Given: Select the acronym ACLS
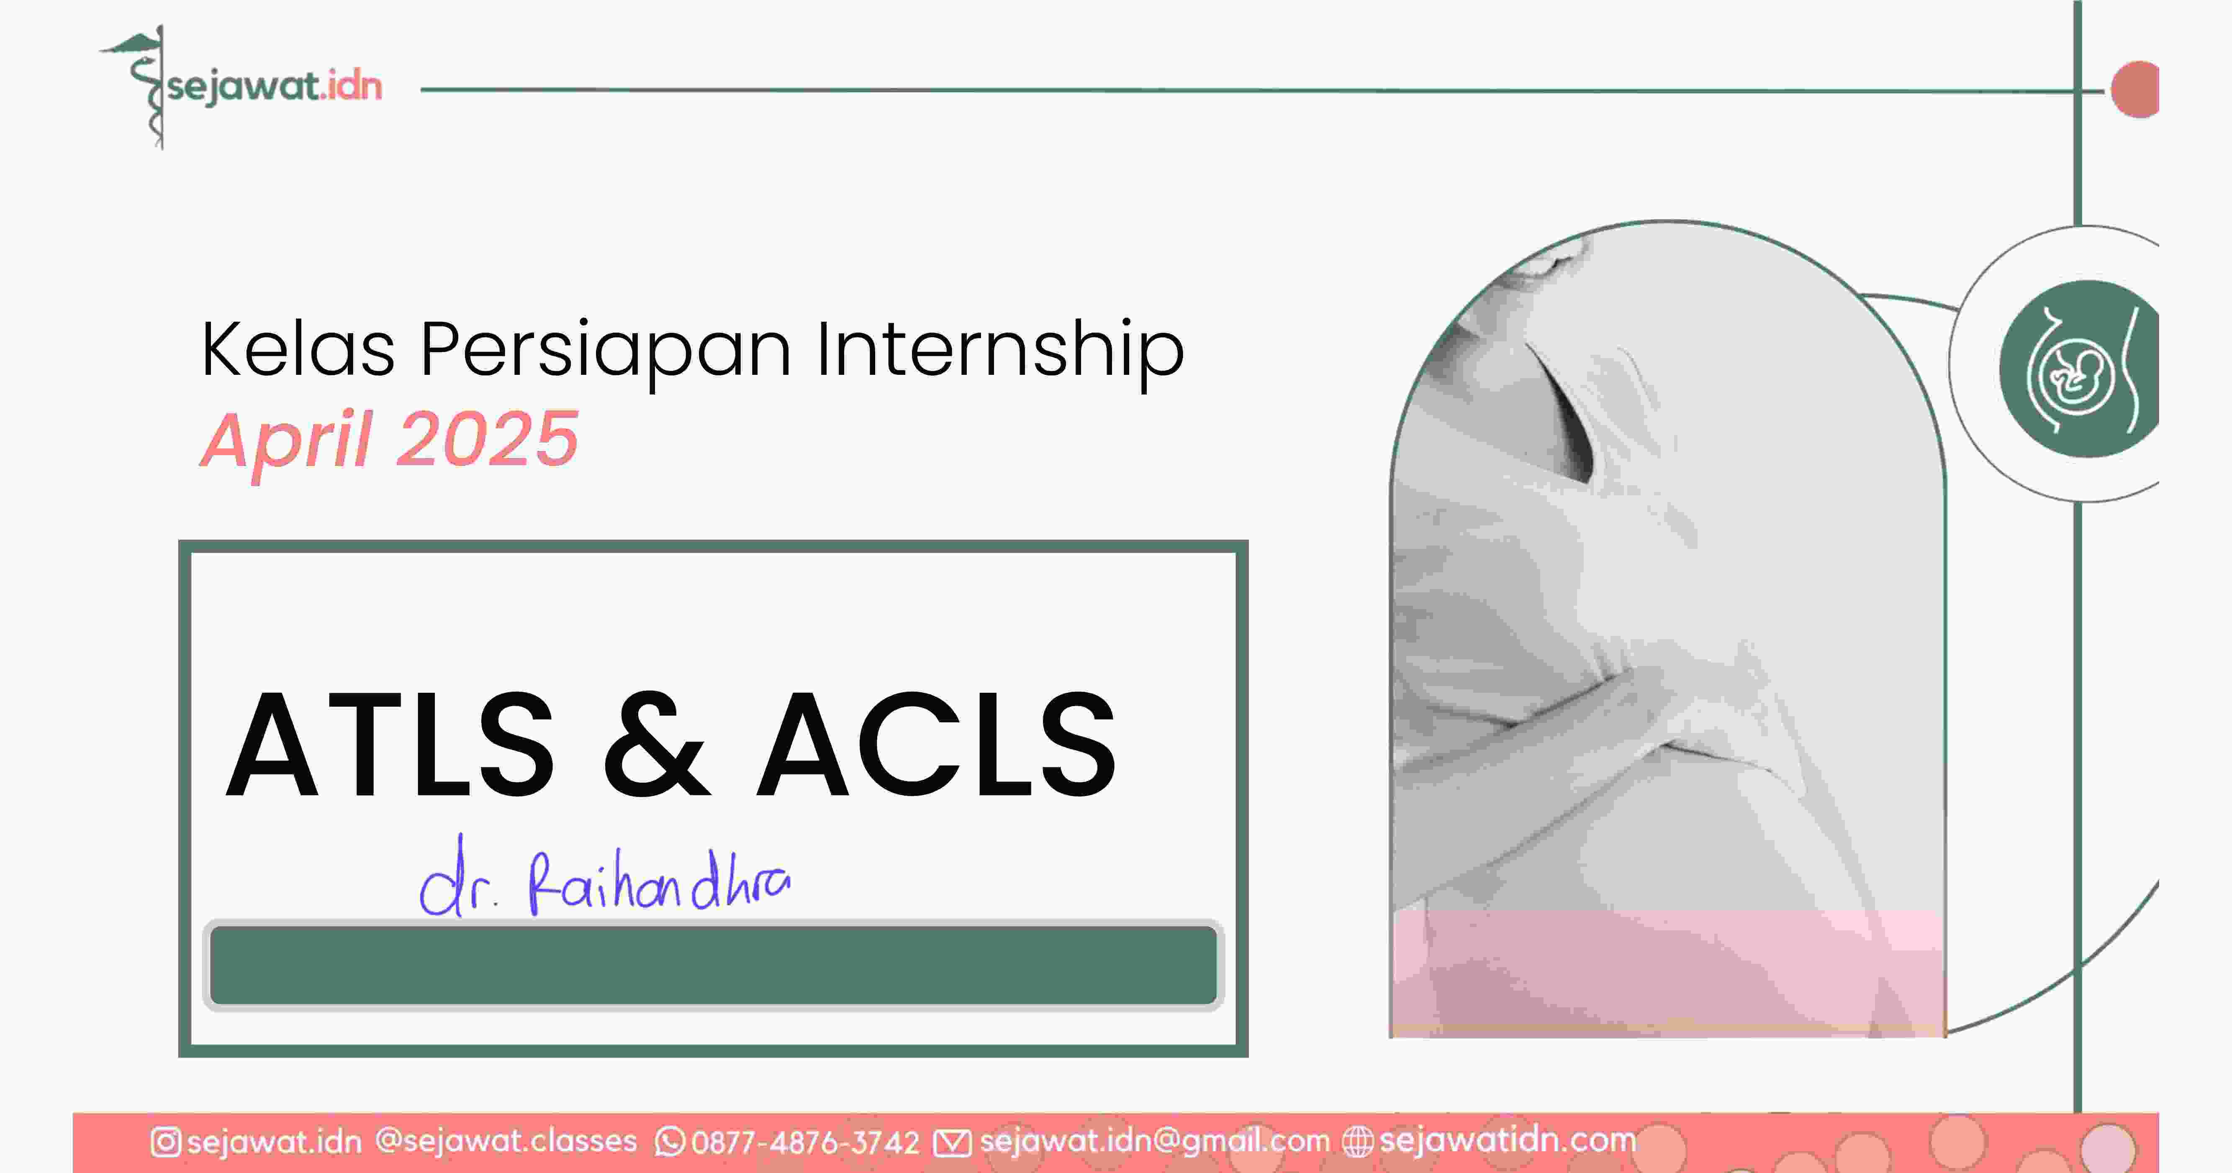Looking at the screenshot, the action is [936, 745].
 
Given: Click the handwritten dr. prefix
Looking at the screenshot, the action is [457, 877].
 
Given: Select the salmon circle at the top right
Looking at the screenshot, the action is [2135, 89].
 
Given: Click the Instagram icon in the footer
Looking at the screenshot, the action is [165, 1142].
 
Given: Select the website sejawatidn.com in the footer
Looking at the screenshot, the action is [1508, 1140].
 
